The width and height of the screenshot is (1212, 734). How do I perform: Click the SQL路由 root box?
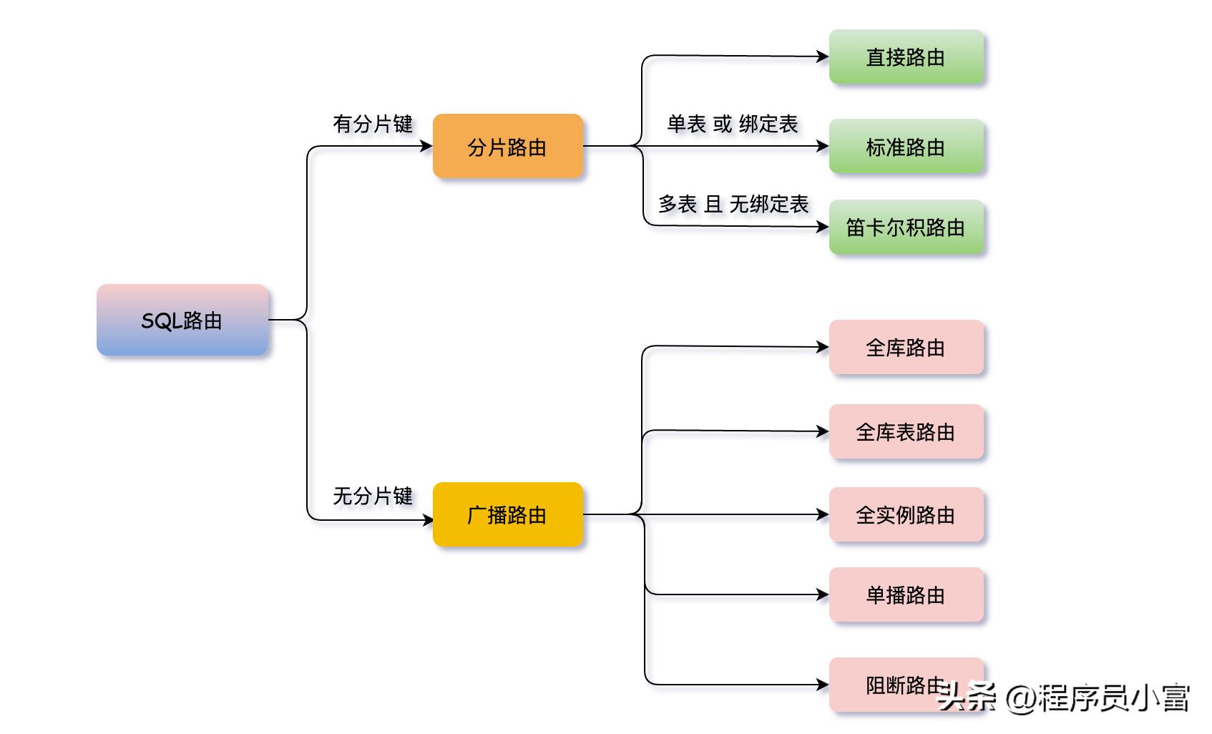182,320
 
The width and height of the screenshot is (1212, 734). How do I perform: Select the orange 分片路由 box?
508,146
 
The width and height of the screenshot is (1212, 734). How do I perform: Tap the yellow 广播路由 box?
508,514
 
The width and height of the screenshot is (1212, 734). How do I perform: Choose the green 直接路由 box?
906,57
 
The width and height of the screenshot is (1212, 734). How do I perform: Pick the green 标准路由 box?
906,147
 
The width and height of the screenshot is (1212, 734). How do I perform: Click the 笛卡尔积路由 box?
906,227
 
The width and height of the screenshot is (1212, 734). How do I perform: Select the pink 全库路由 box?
906,347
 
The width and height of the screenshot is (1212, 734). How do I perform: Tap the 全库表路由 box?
906,431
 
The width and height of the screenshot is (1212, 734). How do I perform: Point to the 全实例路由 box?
906,514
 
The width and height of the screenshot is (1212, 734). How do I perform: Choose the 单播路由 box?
906,594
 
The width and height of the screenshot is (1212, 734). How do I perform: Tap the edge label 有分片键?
373,124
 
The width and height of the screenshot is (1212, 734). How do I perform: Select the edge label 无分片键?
373,495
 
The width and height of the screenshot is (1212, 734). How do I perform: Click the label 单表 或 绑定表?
732,124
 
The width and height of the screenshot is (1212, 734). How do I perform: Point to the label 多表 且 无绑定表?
733,204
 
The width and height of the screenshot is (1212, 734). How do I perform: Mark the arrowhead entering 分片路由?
427,146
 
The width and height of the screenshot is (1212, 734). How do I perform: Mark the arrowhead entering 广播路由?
427,520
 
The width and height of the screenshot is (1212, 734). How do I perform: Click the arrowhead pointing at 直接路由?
824,56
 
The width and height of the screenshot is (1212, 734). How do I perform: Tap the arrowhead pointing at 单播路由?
824,594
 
